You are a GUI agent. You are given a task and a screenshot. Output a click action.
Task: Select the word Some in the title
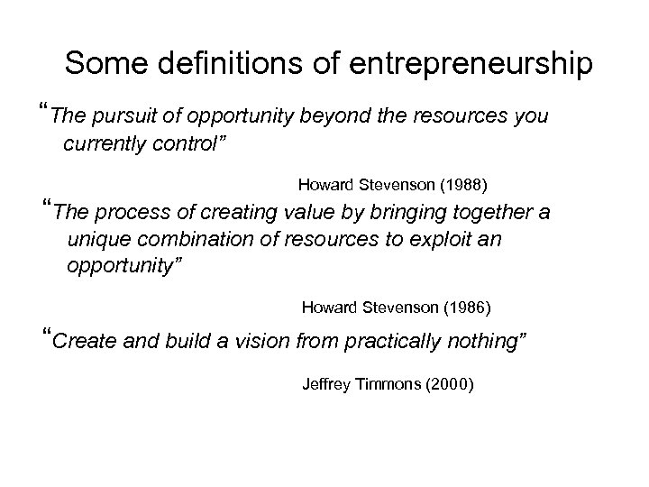(98, 65)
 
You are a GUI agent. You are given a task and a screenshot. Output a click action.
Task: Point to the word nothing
(482, 342)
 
